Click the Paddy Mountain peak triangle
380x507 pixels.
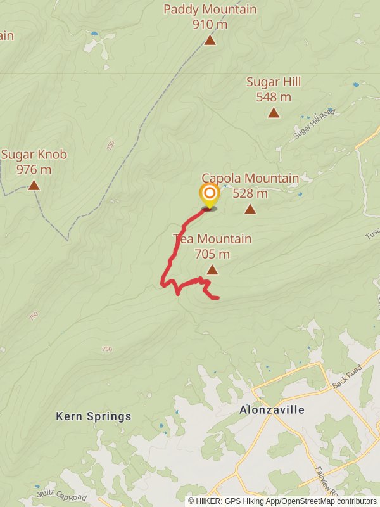click(210, 41)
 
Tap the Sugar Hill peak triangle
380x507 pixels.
click(274, 113)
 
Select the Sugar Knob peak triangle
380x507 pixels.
click(34, 186)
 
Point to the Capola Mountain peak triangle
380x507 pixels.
click(250, 209)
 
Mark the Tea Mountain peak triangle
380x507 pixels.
click(212, 270)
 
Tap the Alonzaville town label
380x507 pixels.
click(272, 410)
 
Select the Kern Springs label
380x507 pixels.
click(94, 416)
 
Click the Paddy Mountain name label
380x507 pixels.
click(210, 10)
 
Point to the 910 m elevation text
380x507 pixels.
click(210, 25)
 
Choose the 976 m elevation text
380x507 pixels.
click(34, 169)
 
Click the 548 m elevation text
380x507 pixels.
click(274, 97)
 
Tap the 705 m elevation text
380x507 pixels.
click(212, 254)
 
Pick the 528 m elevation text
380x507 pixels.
click(250, 193)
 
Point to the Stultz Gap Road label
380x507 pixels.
click(61, 494)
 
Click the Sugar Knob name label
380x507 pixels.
click(34, 155)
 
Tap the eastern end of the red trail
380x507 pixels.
click(217, 297)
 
